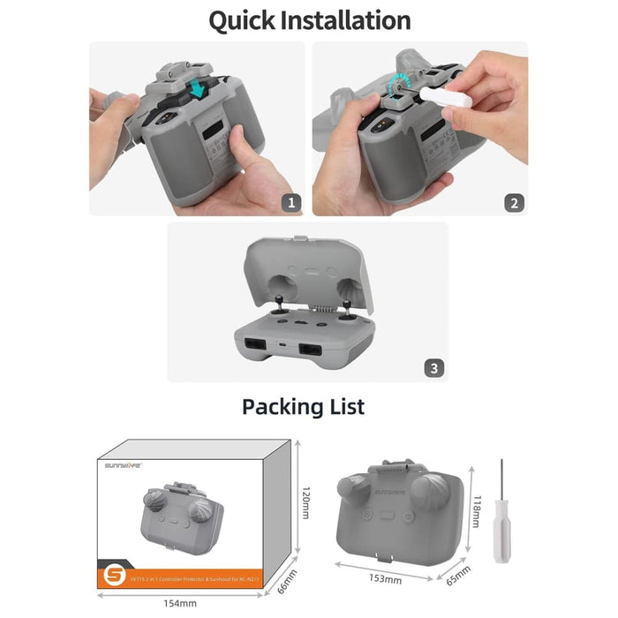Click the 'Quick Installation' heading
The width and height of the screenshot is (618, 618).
[x=309, y=20]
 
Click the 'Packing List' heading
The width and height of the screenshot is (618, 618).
[x=303, y=406]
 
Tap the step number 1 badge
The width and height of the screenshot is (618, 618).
[x=291, y=202]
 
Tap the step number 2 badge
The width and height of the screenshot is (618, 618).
[x=514, y=202]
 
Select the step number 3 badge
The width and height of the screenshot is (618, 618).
[x=433, y=367]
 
